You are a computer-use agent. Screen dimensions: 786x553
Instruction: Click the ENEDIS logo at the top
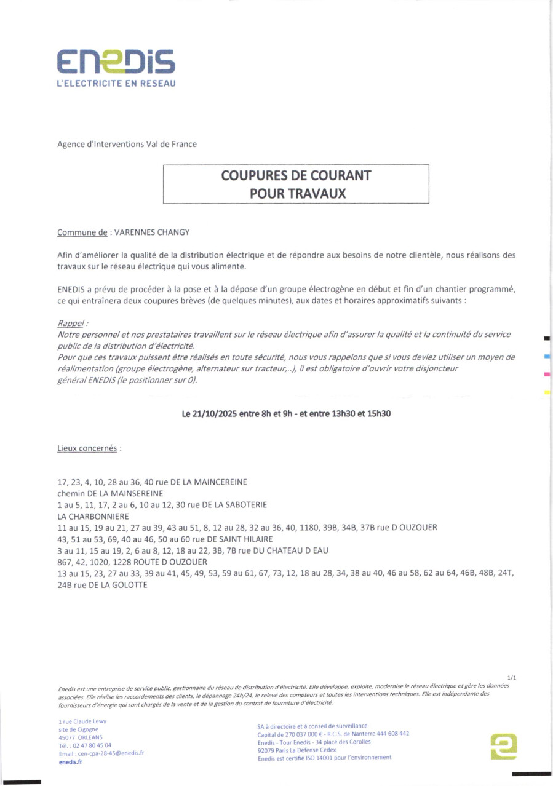tap(116, 62)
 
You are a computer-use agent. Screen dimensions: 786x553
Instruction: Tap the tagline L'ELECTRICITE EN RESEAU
tap(116, 84)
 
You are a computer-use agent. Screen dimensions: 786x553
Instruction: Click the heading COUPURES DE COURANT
tap(296, 175)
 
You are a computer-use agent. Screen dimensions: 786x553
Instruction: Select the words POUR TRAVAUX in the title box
tap(296, 193)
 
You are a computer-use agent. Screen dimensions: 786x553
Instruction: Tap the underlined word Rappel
tap(70, 323)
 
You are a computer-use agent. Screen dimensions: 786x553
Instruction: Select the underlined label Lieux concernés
tap(87, 448)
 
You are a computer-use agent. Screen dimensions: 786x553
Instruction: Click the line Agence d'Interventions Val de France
tap(127, 144)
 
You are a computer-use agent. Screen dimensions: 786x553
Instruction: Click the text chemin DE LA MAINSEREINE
tap(110, 493)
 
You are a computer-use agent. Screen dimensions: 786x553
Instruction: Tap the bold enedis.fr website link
tap(70, 761)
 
